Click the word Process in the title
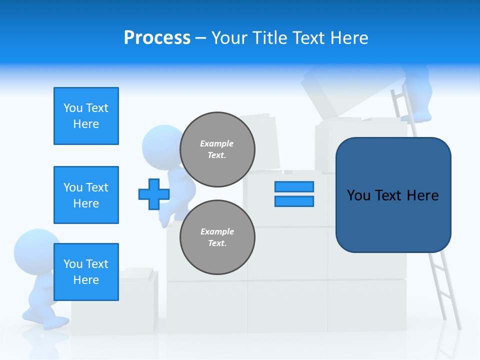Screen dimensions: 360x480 pos(157,38)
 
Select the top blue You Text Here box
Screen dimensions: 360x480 pos(86,116)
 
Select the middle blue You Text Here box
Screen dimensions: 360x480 pos(86,195)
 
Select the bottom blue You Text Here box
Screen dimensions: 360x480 pos(86,272)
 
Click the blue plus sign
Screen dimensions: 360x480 pos(154,194)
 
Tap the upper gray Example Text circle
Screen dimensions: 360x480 pos(217,149)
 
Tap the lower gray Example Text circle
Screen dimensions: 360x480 pos(217,237)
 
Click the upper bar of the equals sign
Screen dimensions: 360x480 pos(294,186)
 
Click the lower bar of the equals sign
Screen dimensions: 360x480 pos(294,201)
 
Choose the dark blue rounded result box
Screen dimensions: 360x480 pos(393,195)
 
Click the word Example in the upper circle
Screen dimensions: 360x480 pos(217,143)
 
